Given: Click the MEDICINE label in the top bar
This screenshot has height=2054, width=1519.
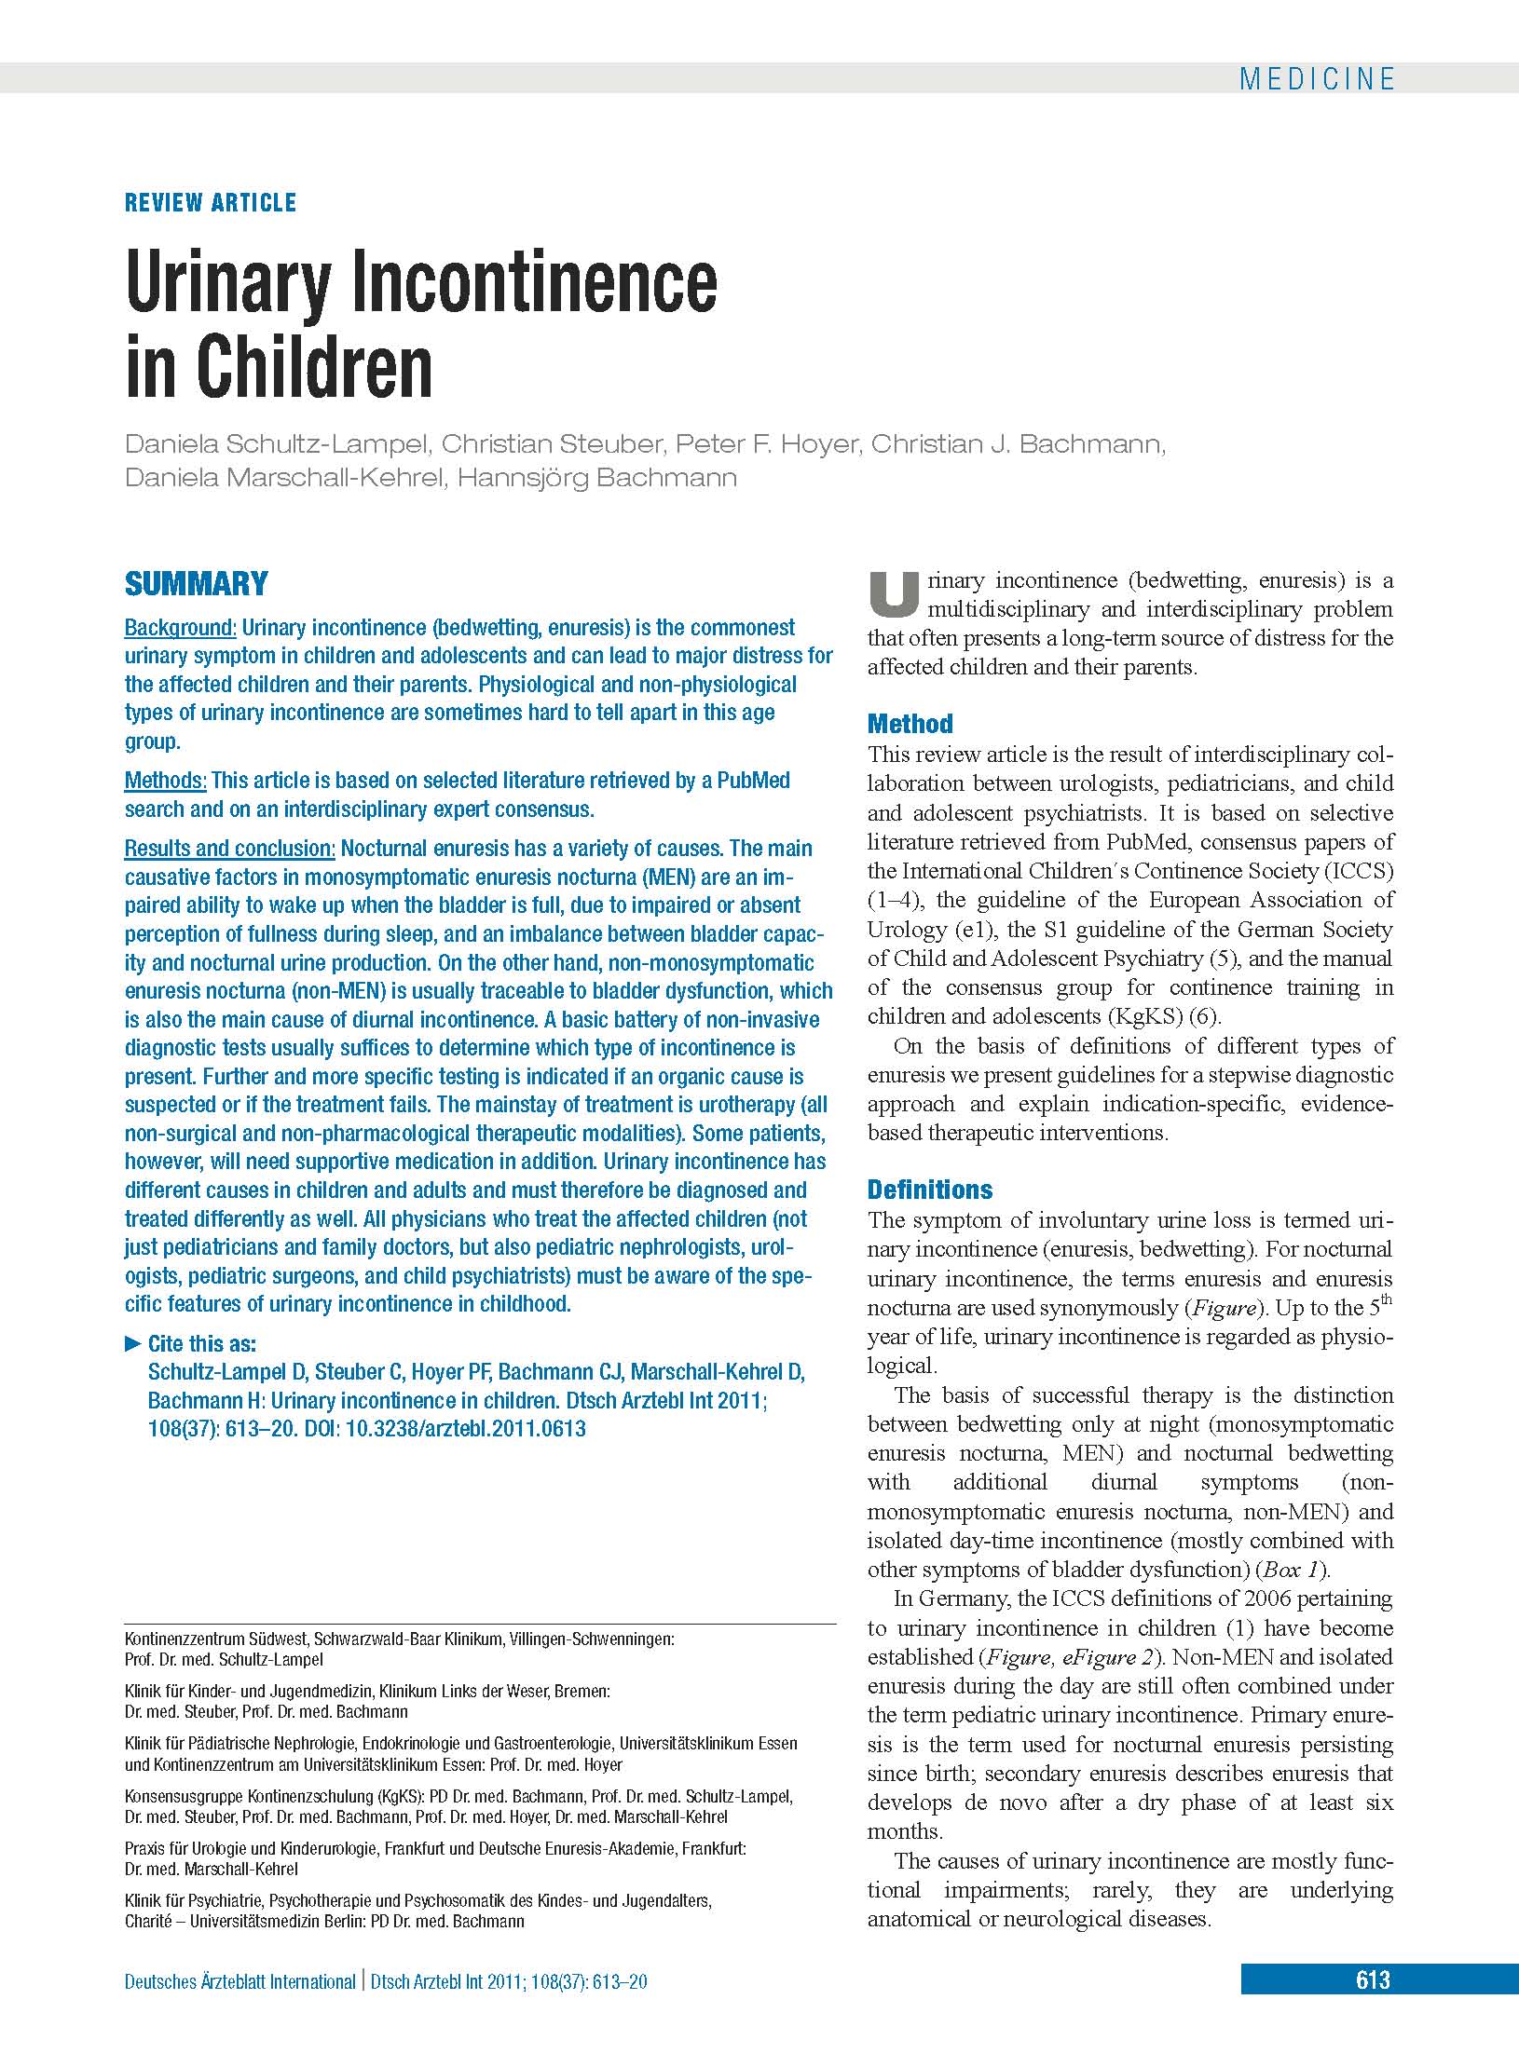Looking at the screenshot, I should click(1316, 79).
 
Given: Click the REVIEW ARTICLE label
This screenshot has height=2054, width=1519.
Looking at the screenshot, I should click(211, 203).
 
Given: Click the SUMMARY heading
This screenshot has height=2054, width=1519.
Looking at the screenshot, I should click(197, 584).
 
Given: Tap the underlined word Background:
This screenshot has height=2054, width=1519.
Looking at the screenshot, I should click(181, 628).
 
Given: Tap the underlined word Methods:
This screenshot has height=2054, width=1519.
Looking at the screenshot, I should click(166, 781).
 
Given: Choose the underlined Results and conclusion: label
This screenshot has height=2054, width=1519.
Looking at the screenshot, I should click(230, 849).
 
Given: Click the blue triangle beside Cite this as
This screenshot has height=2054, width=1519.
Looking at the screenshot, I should click(132, 1344).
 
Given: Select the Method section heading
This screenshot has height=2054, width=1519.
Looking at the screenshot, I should click(910, 724).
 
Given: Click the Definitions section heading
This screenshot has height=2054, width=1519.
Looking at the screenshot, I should click(930, 1190).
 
